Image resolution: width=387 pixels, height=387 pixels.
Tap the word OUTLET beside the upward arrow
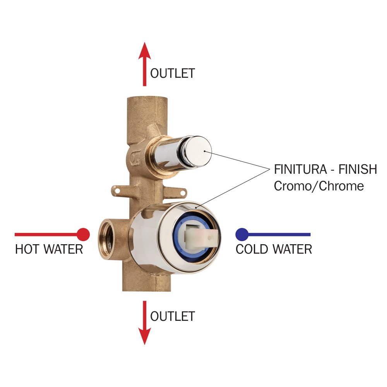172,73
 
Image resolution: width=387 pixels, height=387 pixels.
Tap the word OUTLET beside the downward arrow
172,316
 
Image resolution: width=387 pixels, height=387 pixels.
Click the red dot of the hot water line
83,234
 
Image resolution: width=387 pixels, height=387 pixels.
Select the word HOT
27,249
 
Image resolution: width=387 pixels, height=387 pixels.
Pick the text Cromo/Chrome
319,186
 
